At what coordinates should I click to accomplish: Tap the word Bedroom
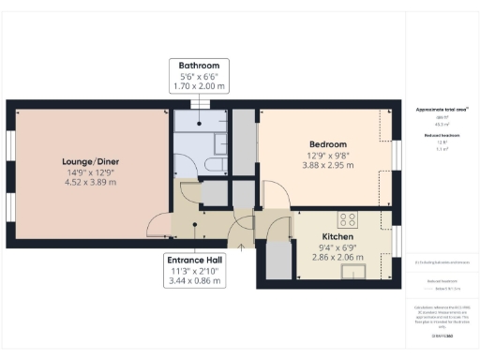[327, 144]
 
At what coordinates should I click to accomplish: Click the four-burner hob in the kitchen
[348, 219]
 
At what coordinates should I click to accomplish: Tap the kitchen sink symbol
[353, 273]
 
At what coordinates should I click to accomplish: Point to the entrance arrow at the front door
[242, 247]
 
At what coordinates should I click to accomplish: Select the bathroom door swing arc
[187, 192]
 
